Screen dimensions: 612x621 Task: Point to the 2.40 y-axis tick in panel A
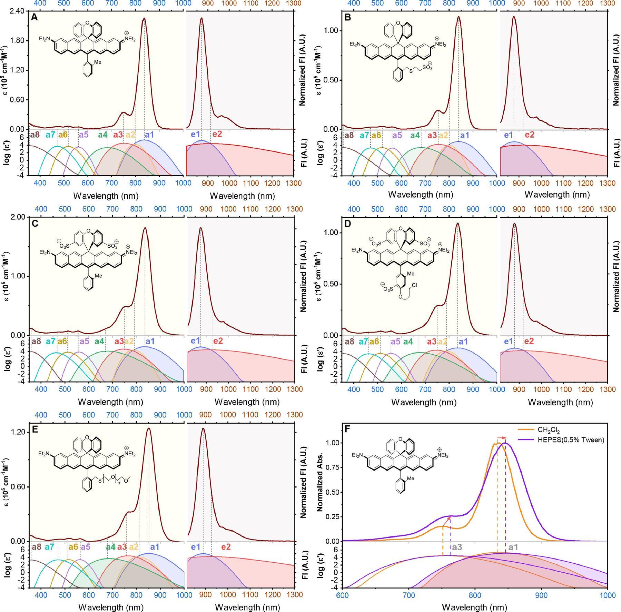[17, 11]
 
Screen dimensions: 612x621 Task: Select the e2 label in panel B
[530, 135]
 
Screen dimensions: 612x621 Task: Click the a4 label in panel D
[408, 342]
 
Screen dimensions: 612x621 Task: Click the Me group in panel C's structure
[99, 276]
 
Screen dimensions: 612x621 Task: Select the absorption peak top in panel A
[144, 19]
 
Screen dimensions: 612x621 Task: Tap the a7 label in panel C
[50, 342]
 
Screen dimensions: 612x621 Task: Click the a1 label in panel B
[465, 136]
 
